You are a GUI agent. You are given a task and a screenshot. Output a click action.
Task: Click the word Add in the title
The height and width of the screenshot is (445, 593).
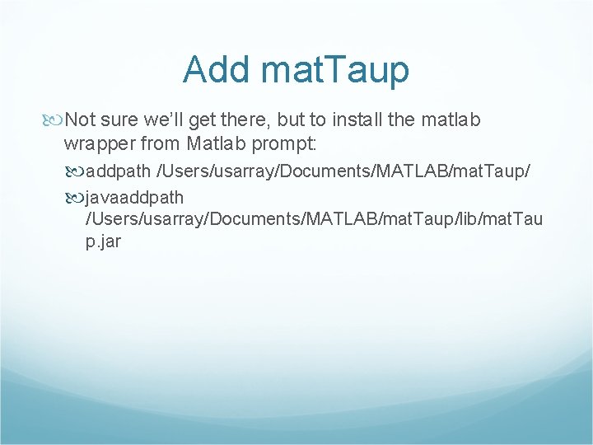(216, 70)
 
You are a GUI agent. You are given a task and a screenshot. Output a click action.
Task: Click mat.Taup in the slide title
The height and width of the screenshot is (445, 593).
(334, 70)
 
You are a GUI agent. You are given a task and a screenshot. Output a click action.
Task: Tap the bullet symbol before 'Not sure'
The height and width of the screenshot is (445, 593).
(55, 120)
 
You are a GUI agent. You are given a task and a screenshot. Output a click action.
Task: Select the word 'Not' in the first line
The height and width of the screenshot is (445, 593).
(81, 120)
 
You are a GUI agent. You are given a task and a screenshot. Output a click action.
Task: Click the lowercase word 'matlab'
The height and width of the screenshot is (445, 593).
(451, 120)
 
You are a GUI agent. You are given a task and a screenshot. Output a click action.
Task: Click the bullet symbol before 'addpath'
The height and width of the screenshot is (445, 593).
(77, 172)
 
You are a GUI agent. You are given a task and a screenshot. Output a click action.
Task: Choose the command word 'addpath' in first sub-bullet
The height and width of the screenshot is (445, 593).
(119, 172)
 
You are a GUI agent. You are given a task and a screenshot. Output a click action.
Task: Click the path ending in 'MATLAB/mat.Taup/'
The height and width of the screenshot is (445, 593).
(349, 172)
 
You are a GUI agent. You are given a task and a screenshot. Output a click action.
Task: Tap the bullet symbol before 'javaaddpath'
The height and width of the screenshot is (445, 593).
(77, 198)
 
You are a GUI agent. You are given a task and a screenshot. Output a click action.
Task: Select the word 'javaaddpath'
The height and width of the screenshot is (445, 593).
(134, 198)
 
